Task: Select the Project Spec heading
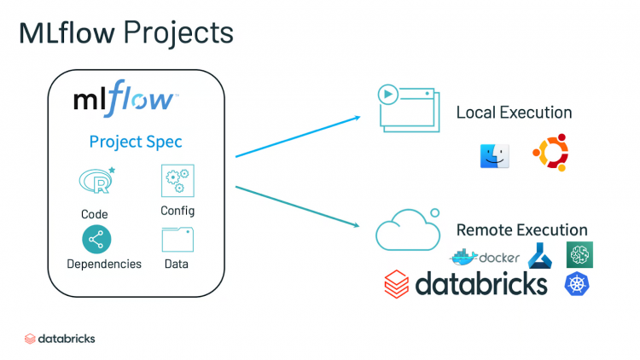[x=137, y=142]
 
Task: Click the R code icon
[x=96, y=180]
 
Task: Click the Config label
[x=177, y=211]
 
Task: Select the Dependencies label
[x=104, y=264]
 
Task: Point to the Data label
[x=177, y=264]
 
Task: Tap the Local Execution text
[x=514, y=113]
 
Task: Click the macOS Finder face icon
[x=494, y=154]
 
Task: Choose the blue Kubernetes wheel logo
[x=577, y=284]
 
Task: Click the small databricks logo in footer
[x=60, y=339]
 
